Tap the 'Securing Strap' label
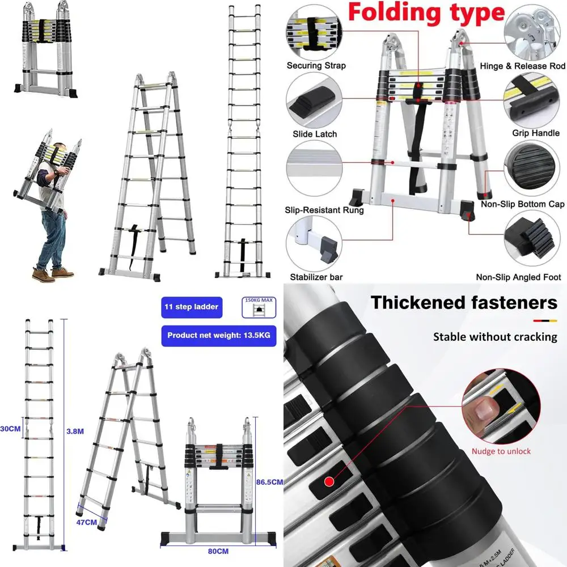(316, 66)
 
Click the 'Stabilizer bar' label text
(316, 277)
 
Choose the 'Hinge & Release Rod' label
(522, 66)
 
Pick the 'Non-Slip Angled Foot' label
(518, 277)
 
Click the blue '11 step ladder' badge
(191, 307)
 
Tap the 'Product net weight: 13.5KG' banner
(219, 335)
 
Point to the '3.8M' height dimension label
(75, 431)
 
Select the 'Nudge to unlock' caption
(501, 451)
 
